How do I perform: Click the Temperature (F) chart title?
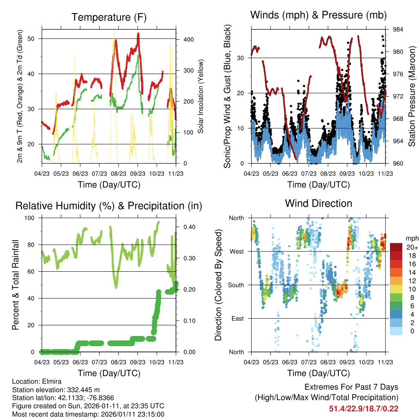pyautogui.click(x=109, y=17)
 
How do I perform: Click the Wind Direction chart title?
pyautogui.click(x=318, y=203)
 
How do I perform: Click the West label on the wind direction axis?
pyautogui.click(x=237, y=251)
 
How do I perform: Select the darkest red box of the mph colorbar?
pyautogui.click(x=396, y=247)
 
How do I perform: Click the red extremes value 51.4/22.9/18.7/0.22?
pyautogui.click(x=363, y=408)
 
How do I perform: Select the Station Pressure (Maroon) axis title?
pyautogui.click(x=412, y=97)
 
